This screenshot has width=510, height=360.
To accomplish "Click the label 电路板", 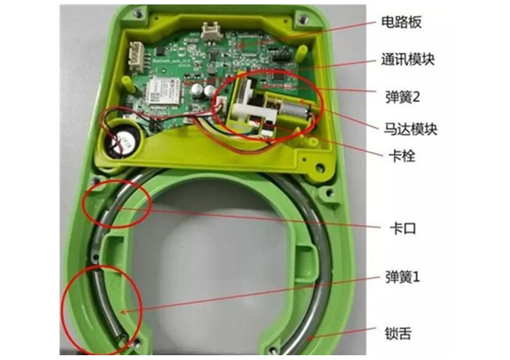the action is click(401, 22).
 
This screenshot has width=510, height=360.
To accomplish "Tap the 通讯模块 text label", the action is click(408, 59).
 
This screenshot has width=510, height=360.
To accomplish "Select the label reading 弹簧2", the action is click(403, 97).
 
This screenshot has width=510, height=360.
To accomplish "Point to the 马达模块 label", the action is click(410, 129).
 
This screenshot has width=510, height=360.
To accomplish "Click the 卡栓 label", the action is click(402, 156).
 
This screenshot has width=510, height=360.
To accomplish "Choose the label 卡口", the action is click(403, 228).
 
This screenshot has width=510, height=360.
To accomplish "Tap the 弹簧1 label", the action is click(403, 277).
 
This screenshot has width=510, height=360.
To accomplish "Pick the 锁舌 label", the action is click(398, 334).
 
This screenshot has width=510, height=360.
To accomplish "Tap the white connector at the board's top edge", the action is click(210, 31).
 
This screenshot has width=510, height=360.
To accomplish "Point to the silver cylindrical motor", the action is click(295, 109).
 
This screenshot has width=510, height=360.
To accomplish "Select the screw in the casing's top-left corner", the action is click(139, 14).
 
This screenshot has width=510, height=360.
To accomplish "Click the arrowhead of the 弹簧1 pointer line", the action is click(123, 312).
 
